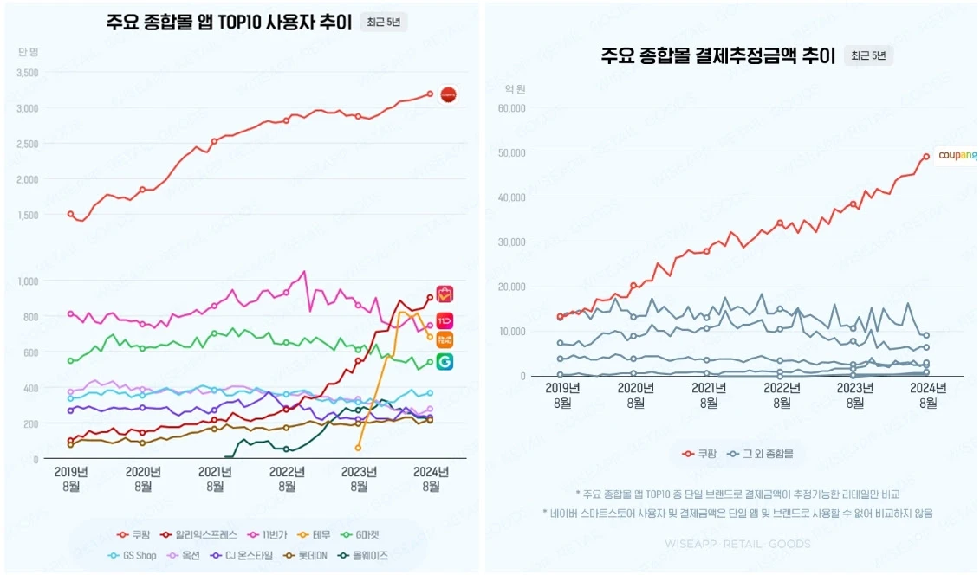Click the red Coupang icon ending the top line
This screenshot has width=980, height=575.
tap(448, 94)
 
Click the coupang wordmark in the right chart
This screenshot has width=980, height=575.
tap(957, 156)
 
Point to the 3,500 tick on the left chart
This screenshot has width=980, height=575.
tap(27, 73)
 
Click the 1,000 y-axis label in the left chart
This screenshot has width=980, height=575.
tap(27, 281)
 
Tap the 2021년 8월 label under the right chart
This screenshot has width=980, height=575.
tap(709, 396)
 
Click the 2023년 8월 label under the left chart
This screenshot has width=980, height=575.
tap(359, 478)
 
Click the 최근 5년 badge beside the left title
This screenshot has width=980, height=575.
tap(384, 22)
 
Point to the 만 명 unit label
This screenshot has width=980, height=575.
tap(29, 52)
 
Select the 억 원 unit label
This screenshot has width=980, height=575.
tap(516, 88)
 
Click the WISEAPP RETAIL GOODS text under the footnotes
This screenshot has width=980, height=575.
tap(738, 544)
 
